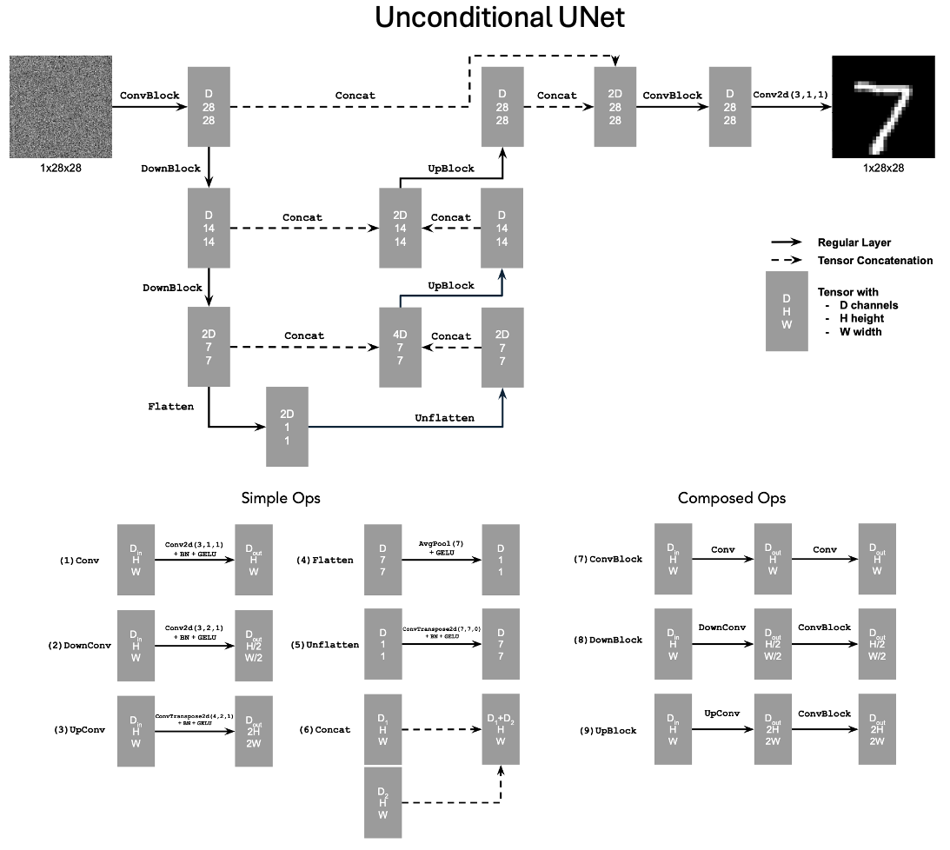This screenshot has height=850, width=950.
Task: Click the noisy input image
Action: pyautogui.click(x=60, y=107)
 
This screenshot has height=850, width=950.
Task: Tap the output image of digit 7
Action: pyautogui.click(x=883, y=107)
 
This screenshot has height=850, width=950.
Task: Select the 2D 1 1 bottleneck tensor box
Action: pyautogui.click(x=287, y=428)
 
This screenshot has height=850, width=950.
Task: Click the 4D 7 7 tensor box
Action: pyautogui.click(x=400, y=347)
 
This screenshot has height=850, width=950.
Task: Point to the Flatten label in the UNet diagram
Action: pyautogui.click(x=171, y=405)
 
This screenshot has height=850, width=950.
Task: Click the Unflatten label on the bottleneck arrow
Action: pyautogui.click(x=445, y=418)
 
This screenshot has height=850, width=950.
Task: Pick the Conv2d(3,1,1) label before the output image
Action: pyautogui.click(x=790, y=95)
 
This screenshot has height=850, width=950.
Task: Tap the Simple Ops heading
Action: pyautogui.click(x=281, y=498)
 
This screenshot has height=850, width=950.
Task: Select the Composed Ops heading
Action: pyautogui.click(x=731, y=498)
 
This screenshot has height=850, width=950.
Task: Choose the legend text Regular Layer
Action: pyautogui.click(x=854, y=242)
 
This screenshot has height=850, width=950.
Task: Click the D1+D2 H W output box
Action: pyautogui.click(x=502, y=729)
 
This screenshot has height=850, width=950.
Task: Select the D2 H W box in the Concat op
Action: pyautogui.click(x=383, y=803)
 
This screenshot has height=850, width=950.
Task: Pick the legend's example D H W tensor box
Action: pyautogui.click(x=786, y=311)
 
